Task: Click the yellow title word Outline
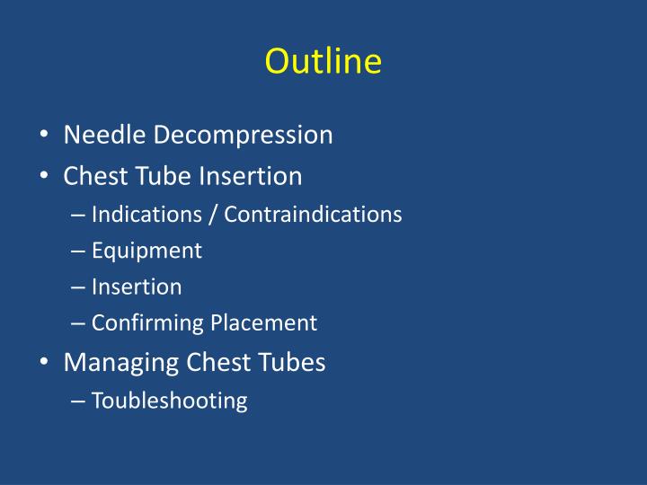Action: click(323, 61)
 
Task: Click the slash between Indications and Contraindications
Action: click(216, 216)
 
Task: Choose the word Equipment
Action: click(146, 251)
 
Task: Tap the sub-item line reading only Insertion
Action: click(137, 287)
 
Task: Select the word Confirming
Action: click(148, 323)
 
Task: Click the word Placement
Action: click(264, 322)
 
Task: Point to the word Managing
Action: click(121, 363)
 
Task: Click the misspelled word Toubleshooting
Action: click(169, 401)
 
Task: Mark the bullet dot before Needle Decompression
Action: click(44, 137)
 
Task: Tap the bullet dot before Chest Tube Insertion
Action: click(44, 177)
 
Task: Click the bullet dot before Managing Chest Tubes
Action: click(44, 363)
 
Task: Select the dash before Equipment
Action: click(77, 251)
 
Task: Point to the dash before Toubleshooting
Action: click(77, 401)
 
